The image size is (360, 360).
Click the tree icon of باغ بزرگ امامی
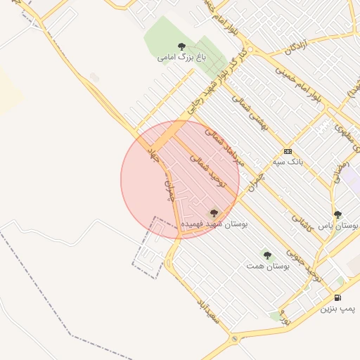click(x=182, y=46)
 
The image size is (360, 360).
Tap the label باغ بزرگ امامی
click(x=176, y=57)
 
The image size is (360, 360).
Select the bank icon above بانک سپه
click(x=287, y=151)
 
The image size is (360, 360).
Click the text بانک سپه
click(x=288, y=162)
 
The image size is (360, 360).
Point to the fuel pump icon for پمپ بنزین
click(x=338, y=297)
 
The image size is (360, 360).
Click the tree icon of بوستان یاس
click(x=337, y=214)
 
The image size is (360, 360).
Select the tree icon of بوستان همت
click(x=266, y=255)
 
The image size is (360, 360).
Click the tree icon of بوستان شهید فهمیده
click(x=214, y=212)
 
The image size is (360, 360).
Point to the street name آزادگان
click(x=297, y=49)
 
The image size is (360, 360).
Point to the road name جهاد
click(x=154, y=156)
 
